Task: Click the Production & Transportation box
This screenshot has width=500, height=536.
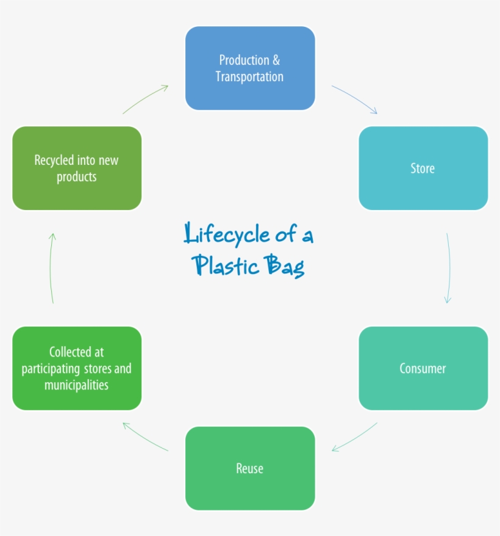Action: tap(250, 68)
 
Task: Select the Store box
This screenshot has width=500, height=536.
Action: tap(423, 168)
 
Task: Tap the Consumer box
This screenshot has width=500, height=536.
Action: tap(423, 368)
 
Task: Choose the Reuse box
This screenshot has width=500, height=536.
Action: tap(250, 468)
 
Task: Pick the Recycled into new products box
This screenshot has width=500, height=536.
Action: tap(77, 168)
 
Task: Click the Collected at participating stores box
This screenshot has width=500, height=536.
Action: tap(77, 368)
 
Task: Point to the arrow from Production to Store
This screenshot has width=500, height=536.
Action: tap(355, 99)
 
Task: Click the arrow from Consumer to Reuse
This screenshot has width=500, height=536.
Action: tap(354, 438)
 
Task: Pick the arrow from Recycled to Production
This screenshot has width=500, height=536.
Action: tap(145, 99)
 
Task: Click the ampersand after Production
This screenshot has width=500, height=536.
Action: tap(276, 60)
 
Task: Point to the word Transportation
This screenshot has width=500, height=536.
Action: tap(249, 76)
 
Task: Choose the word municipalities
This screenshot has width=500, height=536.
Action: tap(76, 385)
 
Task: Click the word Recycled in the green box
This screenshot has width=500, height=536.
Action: tap(54, 160)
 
